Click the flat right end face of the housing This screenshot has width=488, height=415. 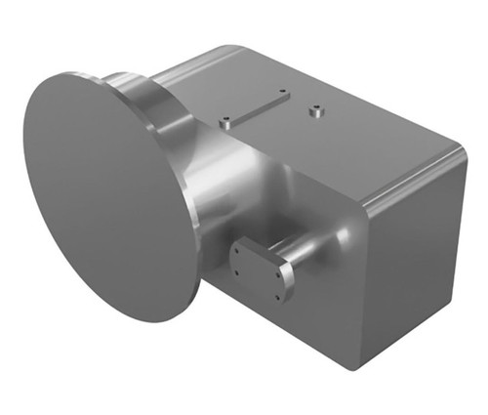410,264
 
